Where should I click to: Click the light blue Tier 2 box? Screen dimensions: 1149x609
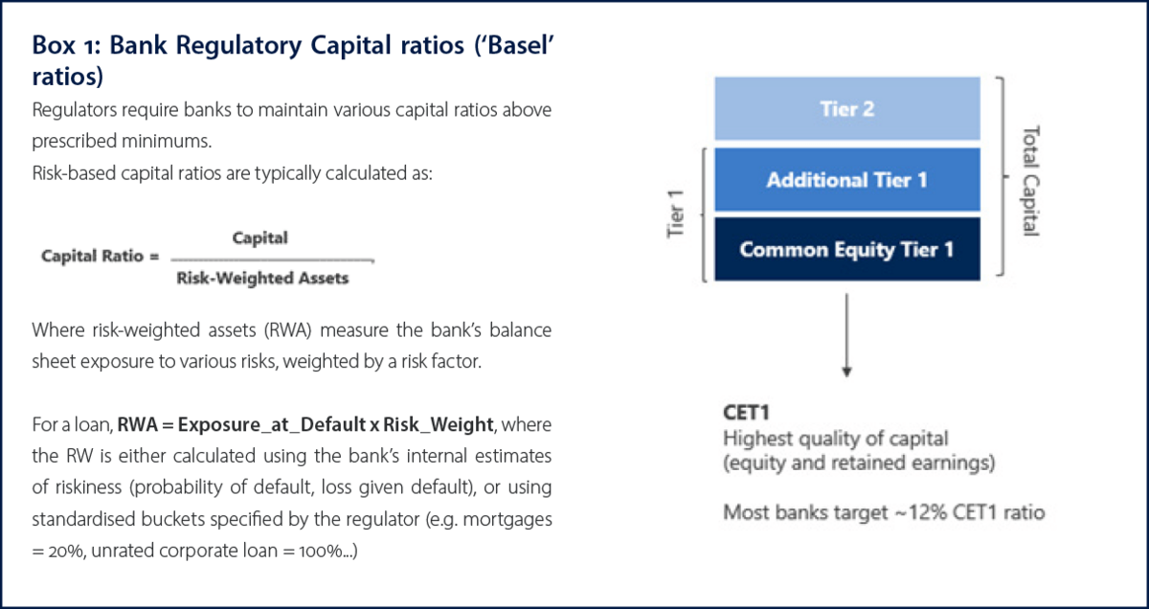(x=847, y=108)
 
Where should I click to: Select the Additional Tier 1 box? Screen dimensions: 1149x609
(x=847, y=180)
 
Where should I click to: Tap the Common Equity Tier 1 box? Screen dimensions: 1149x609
(x=847, y=249)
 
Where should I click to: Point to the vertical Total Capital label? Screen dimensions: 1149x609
(x=1031, y=181)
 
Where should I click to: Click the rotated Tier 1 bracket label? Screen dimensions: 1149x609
(x=675, y=214)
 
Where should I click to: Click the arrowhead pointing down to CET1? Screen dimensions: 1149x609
(x=846, y=372)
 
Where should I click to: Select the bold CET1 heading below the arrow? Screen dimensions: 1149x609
(x=746, y=413)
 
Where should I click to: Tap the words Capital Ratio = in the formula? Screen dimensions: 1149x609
(x=101, y=256)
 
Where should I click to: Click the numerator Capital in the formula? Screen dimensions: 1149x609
(x=260, y=238)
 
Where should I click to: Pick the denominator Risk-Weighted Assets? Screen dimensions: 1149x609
(x=262, y=278)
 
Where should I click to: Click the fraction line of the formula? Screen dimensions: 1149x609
(x=272, y=260)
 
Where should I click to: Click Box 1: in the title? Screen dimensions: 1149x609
(x=66, y=45)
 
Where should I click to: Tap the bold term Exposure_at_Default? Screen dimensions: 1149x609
(x=271, y=425)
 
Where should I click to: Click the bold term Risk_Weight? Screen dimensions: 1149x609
(x=439, y=425)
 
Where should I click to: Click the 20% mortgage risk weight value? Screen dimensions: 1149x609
(x=67, y=551)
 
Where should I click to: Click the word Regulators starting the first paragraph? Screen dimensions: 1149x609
(x=75, y=110)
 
